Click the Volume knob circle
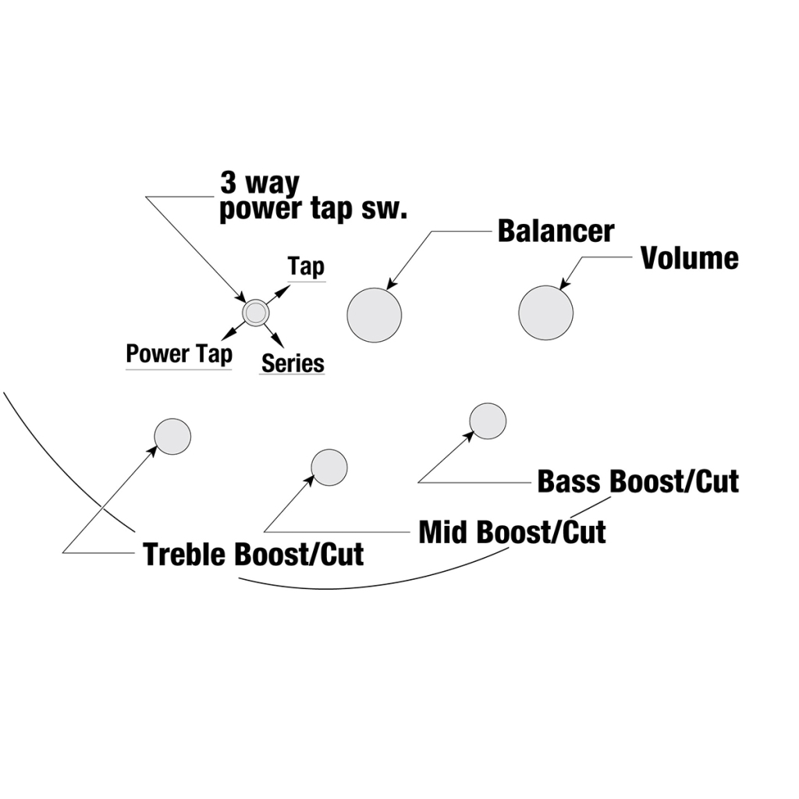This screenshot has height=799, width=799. pyautogui.click(x=545, y=313)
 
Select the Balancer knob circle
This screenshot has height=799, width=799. pyautogui.click(x=375, y=314)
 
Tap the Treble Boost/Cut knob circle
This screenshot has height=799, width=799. pyautogui.click(x=172, y=436)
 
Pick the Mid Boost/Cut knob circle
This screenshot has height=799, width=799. pyautogui.click(x=329, y=467)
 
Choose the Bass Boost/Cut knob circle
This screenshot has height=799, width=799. pyautogui.click(x=488, y=421)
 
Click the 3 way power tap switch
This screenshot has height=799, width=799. pyautogui.click(x=255, y=313)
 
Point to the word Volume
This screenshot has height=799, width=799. pyautogui.click(x=689, y=258)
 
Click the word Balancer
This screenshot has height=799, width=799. pyautogui.click(x=556, y=232)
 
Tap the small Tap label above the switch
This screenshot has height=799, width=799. pyautogui.click(x=306, y=267)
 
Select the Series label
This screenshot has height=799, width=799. pyautogui.click(x=293, y=363)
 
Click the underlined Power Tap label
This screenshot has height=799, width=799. pyautogui.click(x=179, y=354)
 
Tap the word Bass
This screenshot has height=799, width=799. pyautogui.click(x=570, y=481)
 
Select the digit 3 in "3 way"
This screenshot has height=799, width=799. pyautogui.click(x=229, y=184)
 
